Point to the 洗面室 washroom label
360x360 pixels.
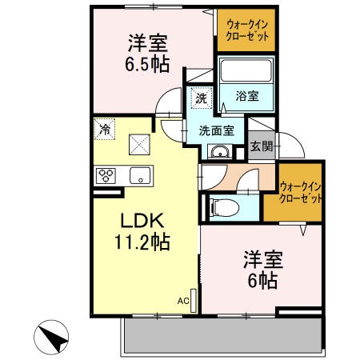coord(216,130)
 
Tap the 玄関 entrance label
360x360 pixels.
coord(260,146)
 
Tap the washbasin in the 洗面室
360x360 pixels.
coord(217,152)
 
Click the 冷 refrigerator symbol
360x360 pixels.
coord(104,128)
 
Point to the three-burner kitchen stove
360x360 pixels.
coord(107,175)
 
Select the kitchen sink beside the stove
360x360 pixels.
coord(141,175)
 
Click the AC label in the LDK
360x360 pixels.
coord(183,301)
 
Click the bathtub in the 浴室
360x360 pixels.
coord(246,73)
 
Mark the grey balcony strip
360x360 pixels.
coord(220,334)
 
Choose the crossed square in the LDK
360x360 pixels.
coord(140,145)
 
